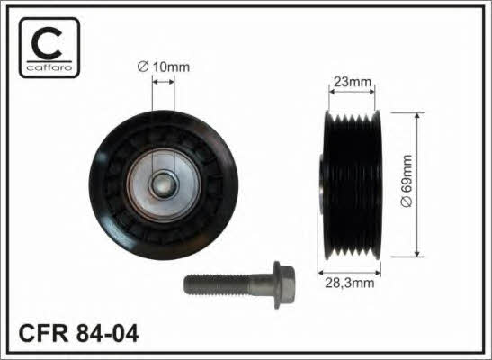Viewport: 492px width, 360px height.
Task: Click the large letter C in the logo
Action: pyautogui.click(x=47, y=42)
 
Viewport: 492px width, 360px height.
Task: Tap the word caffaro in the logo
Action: pyautogui.click(x=49, y=67)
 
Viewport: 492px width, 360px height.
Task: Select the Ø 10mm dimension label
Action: pyautogui.click(x=164, y=67)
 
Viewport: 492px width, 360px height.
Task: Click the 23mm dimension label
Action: pyautogui.click(x=352, y=82)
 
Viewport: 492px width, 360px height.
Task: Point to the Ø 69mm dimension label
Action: pyautogui.click(x=407, y=181)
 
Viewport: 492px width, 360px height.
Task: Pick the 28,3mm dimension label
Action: pyautogui.click(x=350, y=283)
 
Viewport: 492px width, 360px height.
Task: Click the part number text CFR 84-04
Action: pyautogui.click(x=78, y=333)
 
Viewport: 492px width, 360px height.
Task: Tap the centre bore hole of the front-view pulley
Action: pyautogui.click(x=163, y=184)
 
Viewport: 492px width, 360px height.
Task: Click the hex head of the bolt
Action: pyautogui.click(x=283, y=285)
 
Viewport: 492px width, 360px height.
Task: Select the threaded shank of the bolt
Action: pyautogui.click(x=217, y=284)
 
